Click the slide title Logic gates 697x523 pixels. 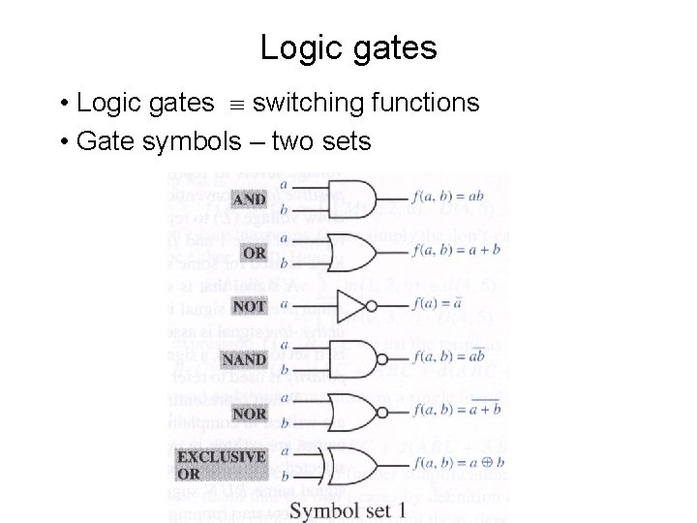[x=348, y=47]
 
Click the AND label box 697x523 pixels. [x=250, y=199]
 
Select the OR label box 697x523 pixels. [x=255, y=253]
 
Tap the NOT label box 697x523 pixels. [x=250, y=306]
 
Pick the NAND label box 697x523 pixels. [x=244, y=359]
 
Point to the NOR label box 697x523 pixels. [x=249, y=414]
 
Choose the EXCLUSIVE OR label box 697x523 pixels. [x=222, y=465]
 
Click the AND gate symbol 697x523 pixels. [x=352, y=197]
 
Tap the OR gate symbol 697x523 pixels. [x=352, y=251]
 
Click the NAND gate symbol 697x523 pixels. [x=352, y=358]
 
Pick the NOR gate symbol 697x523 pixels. [x=352, y=412]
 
